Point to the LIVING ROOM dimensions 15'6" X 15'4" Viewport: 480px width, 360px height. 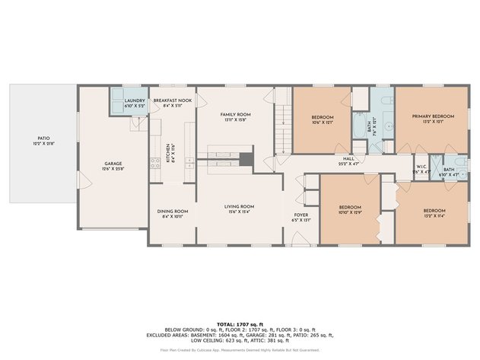tap(239, 212)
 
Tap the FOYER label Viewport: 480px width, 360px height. tap(301, 215)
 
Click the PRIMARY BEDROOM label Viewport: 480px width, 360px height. tap(433, 116)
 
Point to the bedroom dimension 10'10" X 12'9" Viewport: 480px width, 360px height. tap(350, 213)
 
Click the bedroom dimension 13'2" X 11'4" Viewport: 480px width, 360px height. tap(434, 215)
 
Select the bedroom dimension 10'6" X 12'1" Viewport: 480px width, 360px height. tap(323, 123)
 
